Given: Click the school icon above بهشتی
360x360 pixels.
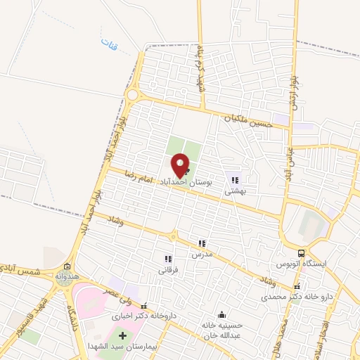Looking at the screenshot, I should click(235, 180).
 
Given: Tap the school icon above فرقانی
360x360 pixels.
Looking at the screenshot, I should click(167, 259).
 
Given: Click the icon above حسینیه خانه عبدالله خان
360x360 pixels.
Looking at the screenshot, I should click(223, 314).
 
